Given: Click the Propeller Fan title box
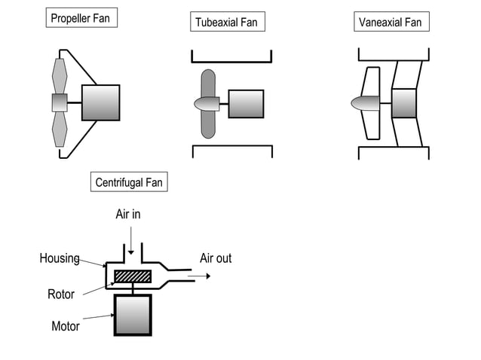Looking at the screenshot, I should (81, 18).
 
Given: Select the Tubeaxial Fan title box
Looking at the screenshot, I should (226, 22).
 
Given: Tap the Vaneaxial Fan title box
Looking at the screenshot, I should (390, 22).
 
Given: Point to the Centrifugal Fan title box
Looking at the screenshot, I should (128, 182).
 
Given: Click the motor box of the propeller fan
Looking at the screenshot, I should (100, 102).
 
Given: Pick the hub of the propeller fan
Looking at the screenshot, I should (60, 102).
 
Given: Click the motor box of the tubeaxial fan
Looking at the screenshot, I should (246, 104).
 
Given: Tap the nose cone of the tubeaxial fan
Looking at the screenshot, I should (206, 104).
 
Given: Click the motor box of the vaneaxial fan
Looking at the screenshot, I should (404, 103).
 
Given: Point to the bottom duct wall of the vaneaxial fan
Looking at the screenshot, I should (394, 148).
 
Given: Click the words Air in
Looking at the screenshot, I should (128, 215).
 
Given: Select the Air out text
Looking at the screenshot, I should (216, 258).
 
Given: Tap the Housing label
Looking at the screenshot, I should (60, 258).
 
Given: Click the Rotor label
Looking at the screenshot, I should (61, 294).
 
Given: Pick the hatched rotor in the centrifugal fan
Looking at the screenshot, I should (133, 276).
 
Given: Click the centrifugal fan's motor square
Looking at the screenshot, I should (133, 315).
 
